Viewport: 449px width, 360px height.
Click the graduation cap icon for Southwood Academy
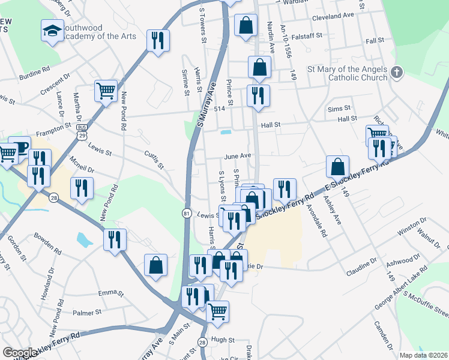(52, 30)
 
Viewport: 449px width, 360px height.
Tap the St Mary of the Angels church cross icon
(396, 73)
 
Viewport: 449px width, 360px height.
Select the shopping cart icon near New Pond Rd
(106, 91)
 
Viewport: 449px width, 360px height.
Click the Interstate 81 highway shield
(187, 213)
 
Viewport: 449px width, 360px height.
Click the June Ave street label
(237, 156)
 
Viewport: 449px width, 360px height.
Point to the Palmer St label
(88, 313)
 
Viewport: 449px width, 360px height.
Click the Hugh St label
(222, 340)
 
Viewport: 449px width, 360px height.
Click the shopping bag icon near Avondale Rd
(338, 166)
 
